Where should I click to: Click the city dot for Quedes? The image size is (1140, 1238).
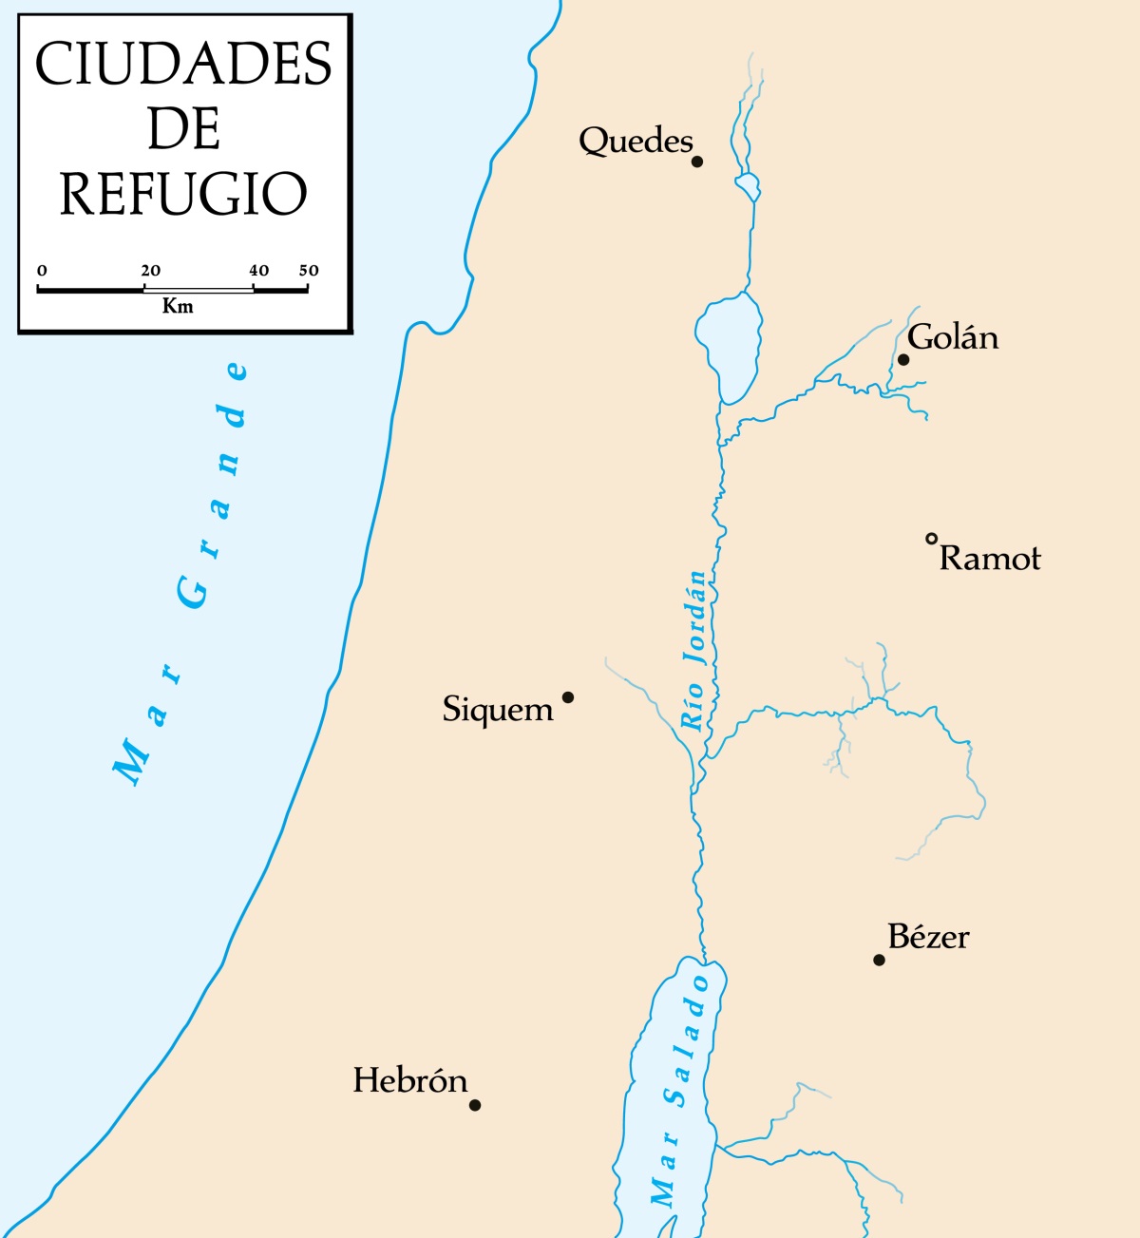[x=696, y=162]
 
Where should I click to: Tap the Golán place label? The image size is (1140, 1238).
[x=953, y=337]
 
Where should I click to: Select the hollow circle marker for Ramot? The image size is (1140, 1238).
[x=932, y=540]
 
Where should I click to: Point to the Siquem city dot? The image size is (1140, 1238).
[x=568, y=697]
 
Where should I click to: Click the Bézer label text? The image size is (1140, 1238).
[x=928, y=937]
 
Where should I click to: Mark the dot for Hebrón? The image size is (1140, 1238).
[x=475, y=1105]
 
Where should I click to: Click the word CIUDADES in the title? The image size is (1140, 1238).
[x=183, y=65]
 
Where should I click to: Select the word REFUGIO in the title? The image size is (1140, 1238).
[x=183, y=194]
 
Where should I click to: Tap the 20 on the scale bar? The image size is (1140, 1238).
[x=150, y=271]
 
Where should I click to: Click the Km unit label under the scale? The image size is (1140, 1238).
[x=178, y=306]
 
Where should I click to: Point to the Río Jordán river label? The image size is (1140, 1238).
[x=695, y=651]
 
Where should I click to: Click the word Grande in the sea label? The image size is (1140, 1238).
[x=214, y=485]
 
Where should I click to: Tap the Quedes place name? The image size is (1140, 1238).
[x=636, y=141]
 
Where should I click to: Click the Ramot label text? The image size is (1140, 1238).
[x=990, y=558]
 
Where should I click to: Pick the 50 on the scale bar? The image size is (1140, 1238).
[x=309, y=271]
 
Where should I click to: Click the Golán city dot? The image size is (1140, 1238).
[x=903, y=359]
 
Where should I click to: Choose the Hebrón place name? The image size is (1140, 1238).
[x=410, y=1080]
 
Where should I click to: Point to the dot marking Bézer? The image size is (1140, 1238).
[x=879, y=960]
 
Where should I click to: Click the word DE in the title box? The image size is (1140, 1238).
[x=183, y=129]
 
